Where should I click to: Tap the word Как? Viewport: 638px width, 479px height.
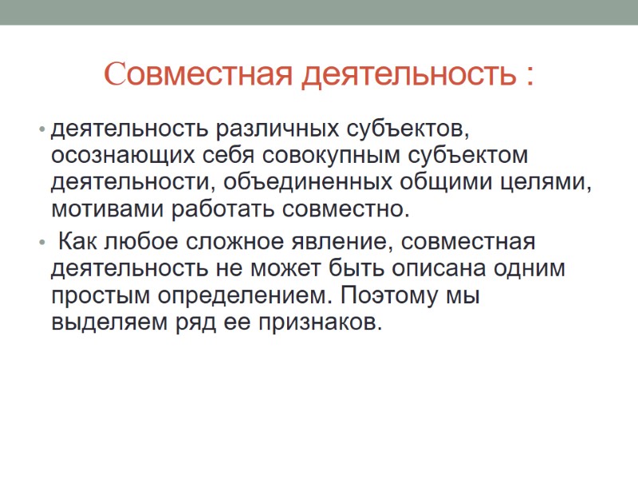pos(78,241)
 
